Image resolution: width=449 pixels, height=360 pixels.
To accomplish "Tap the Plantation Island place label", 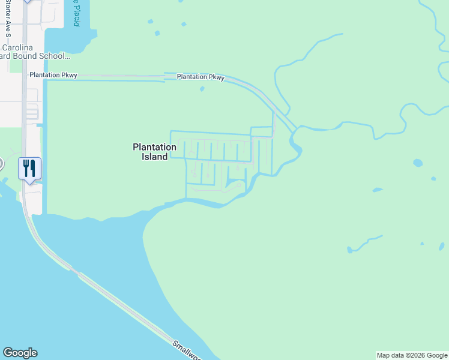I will [154, 151].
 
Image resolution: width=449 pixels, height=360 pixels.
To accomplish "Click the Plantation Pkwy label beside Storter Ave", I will [53, 75].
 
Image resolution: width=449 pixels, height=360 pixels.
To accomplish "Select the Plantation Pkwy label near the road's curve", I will [200, 77].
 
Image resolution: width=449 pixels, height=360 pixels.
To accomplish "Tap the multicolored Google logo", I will [20, 353].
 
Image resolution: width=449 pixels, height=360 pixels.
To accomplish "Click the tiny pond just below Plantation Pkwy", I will [202, 89].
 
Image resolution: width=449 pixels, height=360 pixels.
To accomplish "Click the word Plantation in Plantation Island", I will [154, 146].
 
